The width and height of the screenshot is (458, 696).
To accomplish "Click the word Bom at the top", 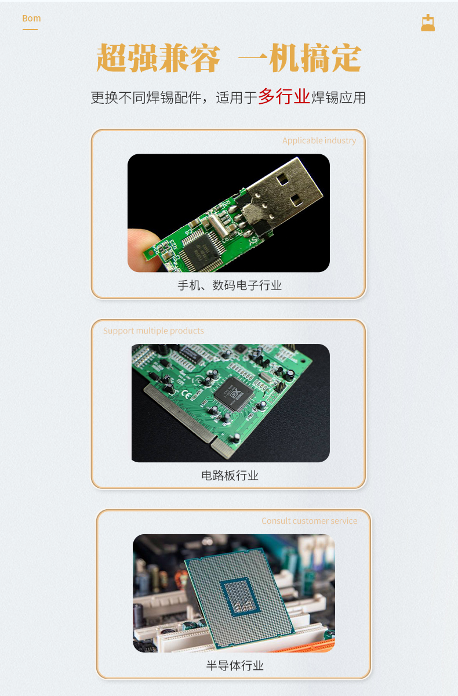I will tap(31, 19).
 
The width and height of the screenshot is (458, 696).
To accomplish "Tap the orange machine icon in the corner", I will tap(428, 23).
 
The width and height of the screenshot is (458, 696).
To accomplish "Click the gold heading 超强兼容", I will tap(158, 59).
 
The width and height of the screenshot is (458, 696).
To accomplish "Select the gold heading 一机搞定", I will tap(300, 59).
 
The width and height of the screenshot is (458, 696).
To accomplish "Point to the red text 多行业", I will tap(283, 96).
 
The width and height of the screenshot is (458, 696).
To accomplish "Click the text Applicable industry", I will tap(319, 140).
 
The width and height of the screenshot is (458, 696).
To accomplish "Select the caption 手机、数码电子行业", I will tap(229, 285).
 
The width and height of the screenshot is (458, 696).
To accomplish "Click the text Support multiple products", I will tap(154, 331).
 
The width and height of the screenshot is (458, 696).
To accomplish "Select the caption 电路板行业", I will tap(230, 476).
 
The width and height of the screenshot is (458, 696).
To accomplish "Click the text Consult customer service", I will tap(309, 521).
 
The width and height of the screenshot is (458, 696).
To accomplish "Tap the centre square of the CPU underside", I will tap(238, 597).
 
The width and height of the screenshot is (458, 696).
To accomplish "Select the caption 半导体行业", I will tap(235, 666).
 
